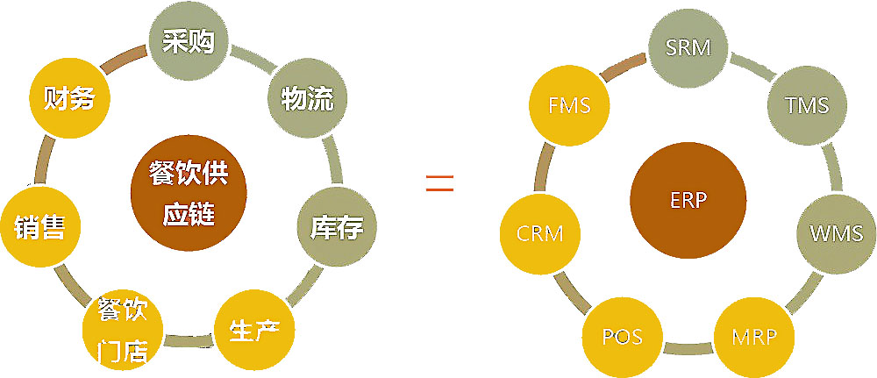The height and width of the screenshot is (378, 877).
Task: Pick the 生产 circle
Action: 253,332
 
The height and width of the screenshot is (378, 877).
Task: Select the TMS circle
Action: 807,105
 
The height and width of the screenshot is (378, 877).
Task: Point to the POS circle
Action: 623,337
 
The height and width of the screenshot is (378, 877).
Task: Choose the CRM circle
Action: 539,234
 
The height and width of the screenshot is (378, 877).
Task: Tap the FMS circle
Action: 568,105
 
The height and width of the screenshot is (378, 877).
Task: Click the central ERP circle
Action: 688,199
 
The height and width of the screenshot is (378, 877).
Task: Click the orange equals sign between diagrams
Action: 438,184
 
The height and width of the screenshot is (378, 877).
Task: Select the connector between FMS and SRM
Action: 624,65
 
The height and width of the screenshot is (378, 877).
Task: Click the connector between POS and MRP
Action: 688,349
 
